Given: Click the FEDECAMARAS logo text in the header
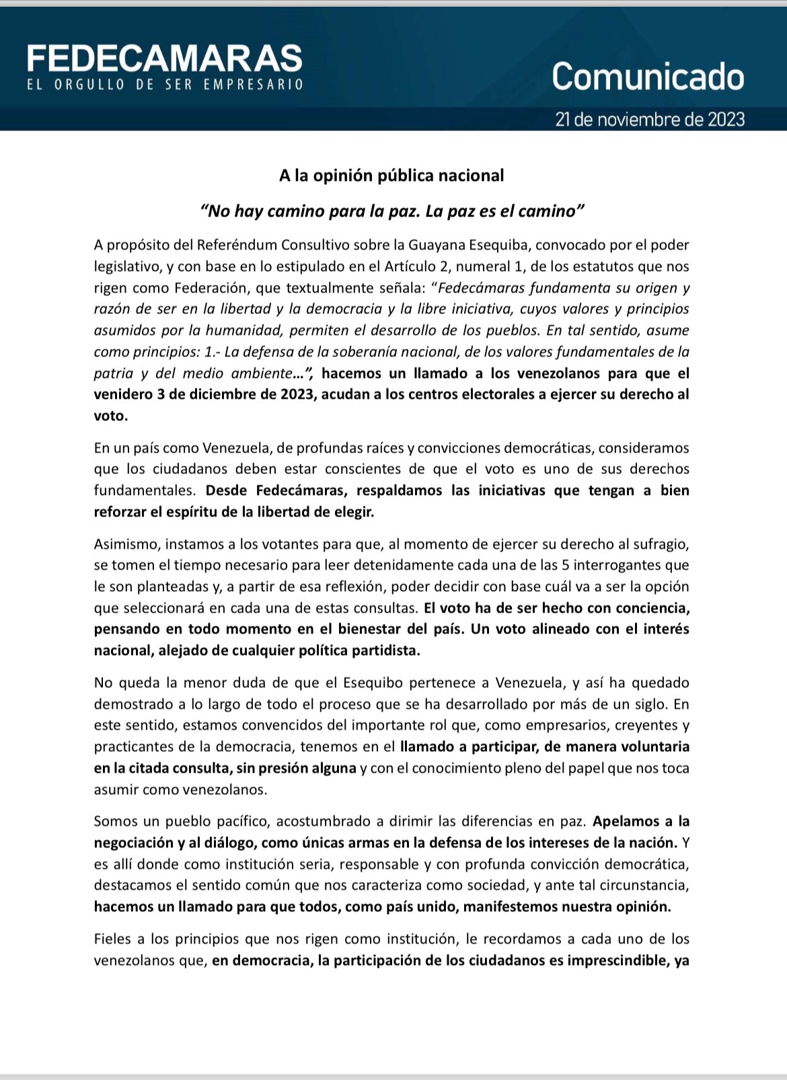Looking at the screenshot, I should click(165, 59).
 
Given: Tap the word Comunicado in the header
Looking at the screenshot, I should click(648, 77).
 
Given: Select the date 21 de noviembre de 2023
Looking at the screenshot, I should click(650, 120).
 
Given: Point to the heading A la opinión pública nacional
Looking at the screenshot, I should click(391, 176).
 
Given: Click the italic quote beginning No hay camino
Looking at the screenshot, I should click(392, 211).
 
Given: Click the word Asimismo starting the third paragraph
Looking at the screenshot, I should click(126, 543).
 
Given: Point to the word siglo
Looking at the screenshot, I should click(647, 704).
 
